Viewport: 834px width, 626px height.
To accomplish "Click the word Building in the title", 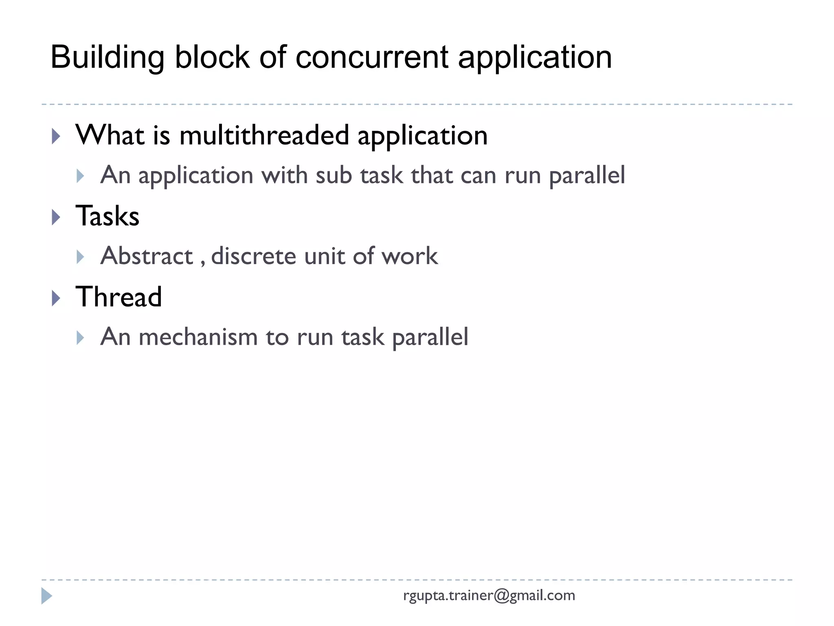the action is pyautogui.click(x=107, y=57).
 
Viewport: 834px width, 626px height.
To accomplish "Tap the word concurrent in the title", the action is pyautogui.click(x=372, y=57).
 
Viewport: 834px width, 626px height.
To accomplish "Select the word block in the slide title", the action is pyautogui.click(x=212, y=57).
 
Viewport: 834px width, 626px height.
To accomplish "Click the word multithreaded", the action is pyautogui.click(x=264, y=135).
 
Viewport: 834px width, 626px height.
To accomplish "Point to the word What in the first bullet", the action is pyautogui.click(x=110, y=135).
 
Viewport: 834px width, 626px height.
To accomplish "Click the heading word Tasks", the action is pyautogui.click(x=108, y=216).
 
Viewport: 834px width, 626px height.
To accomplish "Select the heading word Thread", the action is pyautogui.click(x=119, y=297).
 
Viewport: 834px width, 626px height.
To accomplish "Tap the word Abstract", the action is pyautogui.click(x=147, y=256).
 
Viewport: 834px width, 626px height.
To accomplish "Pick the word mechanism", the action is pyautogui.click(x=198, y=337).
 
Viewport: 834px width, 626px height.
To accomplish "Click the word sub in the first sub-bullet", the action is pyautogui.click(x=334, y=175).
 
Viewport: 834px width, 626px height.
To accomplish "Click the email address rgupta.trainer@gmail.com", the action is pyautogui.click(x=489, y=595).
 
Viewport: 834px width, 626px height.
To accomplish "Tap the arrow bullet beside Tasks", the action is pyautogui.click(x=56, y=217).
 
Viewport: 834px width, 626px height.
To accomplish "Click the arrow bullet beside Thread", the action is pyautogui.click(x=56, y=298).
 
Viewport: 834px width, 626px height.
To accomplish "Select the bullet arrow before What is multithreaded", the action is pyautogui.click(x=56, y=137).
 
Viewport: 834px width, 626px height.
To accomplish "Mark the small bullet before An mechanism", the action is pyautogui.click(x=80, y=338).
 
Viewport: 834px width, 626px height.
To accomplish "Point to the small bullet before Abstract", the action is pyautogui.click(x=80, y=257).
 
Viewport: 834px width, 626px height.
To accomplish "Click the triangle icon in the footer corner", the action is pyautogui.click(x=46, y=596).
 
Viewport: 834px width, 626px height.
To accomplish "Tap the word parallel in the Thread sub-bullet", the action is pyautogui.click(x=430, y=337).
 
